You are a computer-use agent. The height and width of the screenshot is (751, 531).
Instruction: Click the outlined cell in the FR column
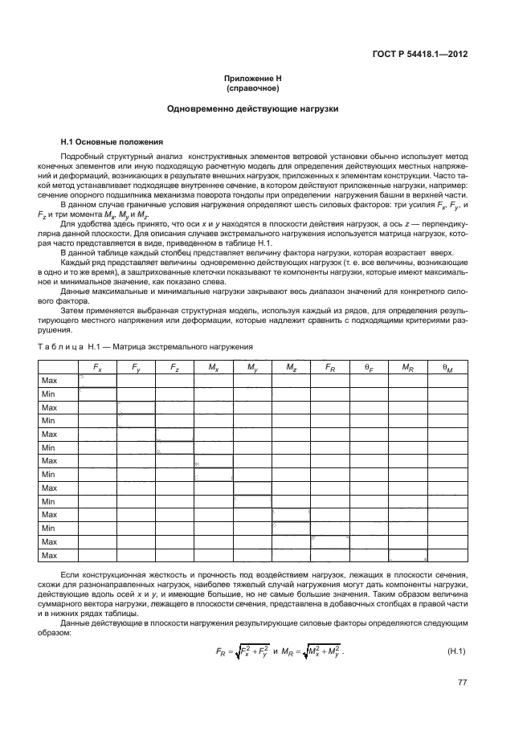coord(329,541)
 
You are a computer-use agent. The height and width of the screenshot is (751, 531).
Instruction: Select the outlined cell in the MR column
coord(407,555)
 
